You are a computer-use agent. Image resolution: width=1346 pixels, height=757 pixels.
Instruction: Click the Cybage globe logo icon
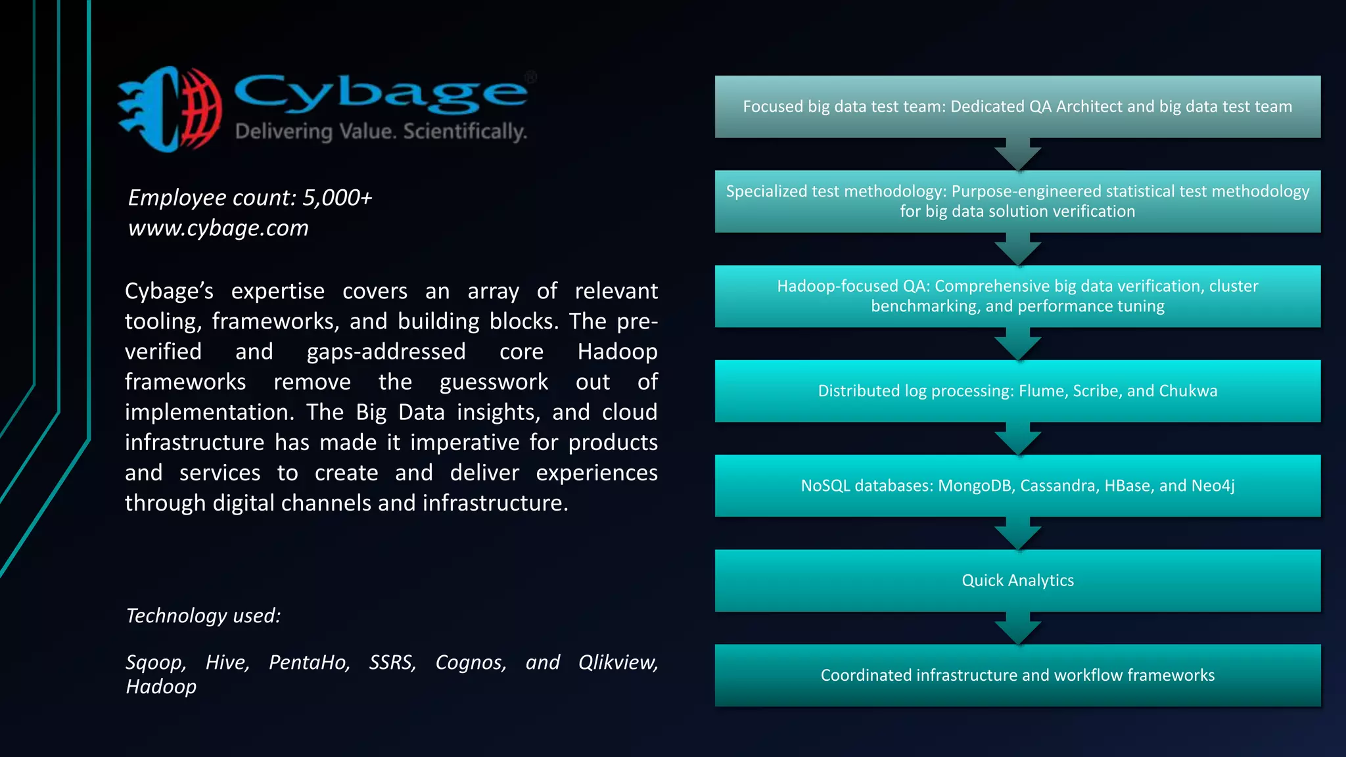click(170, 109)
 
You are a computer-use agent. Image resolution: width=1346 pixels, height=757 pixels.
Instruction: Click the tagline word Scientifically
click(465, 131)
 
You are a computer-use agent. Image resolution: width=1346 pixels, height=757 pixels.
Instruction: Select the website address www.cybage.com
click(218, 228)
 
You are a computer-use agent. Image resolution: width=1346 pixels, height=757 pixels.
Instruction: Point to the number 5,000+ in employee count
click(337, 197)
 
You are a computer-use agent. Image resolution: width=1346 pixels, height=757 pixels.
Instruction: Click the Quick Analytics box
click(1017, 580)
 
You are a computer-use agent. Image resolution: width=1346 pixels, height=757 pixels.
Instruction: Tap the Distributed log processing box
click(1017, 391)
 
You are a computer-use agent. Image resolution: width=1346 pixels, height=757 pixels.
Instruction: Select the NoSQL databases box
click(1017, 486)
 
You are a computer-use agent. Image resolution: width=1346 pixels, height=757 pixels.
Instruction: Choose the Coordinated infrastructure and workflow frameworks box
click(1017, 675)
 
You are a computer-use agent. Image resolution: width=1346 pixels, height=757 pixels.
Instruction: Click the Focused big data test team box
click(1017, 106)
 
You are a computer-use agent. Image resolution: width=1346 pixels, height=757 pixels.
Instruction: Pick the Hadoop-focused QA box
click(1017, 296)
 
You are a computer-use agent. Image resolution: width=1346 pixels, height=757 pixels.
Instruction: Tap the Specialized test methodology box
click(1017, 201)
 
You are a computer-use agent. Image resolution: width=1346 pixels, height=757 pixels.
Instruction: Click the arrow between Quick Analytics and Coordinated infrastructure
click(1017, 629)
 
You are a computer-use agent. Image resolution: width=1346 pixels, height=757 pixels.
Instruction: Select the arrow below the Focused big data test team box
click(1017, 155)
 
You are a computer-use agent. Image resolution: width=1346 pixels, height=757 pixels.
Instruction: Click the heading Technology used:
click(203, 616)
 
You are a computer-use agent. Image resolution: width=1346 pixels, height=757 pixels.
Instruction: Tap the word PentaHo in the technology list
click(309, 662)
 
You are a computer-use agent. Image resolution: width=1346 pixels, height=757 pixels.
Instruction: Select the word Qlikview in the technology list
click(618, 662)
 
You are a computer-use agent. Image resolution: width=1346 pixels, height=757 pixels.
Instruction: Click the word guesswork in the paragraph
click(494, 382)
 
